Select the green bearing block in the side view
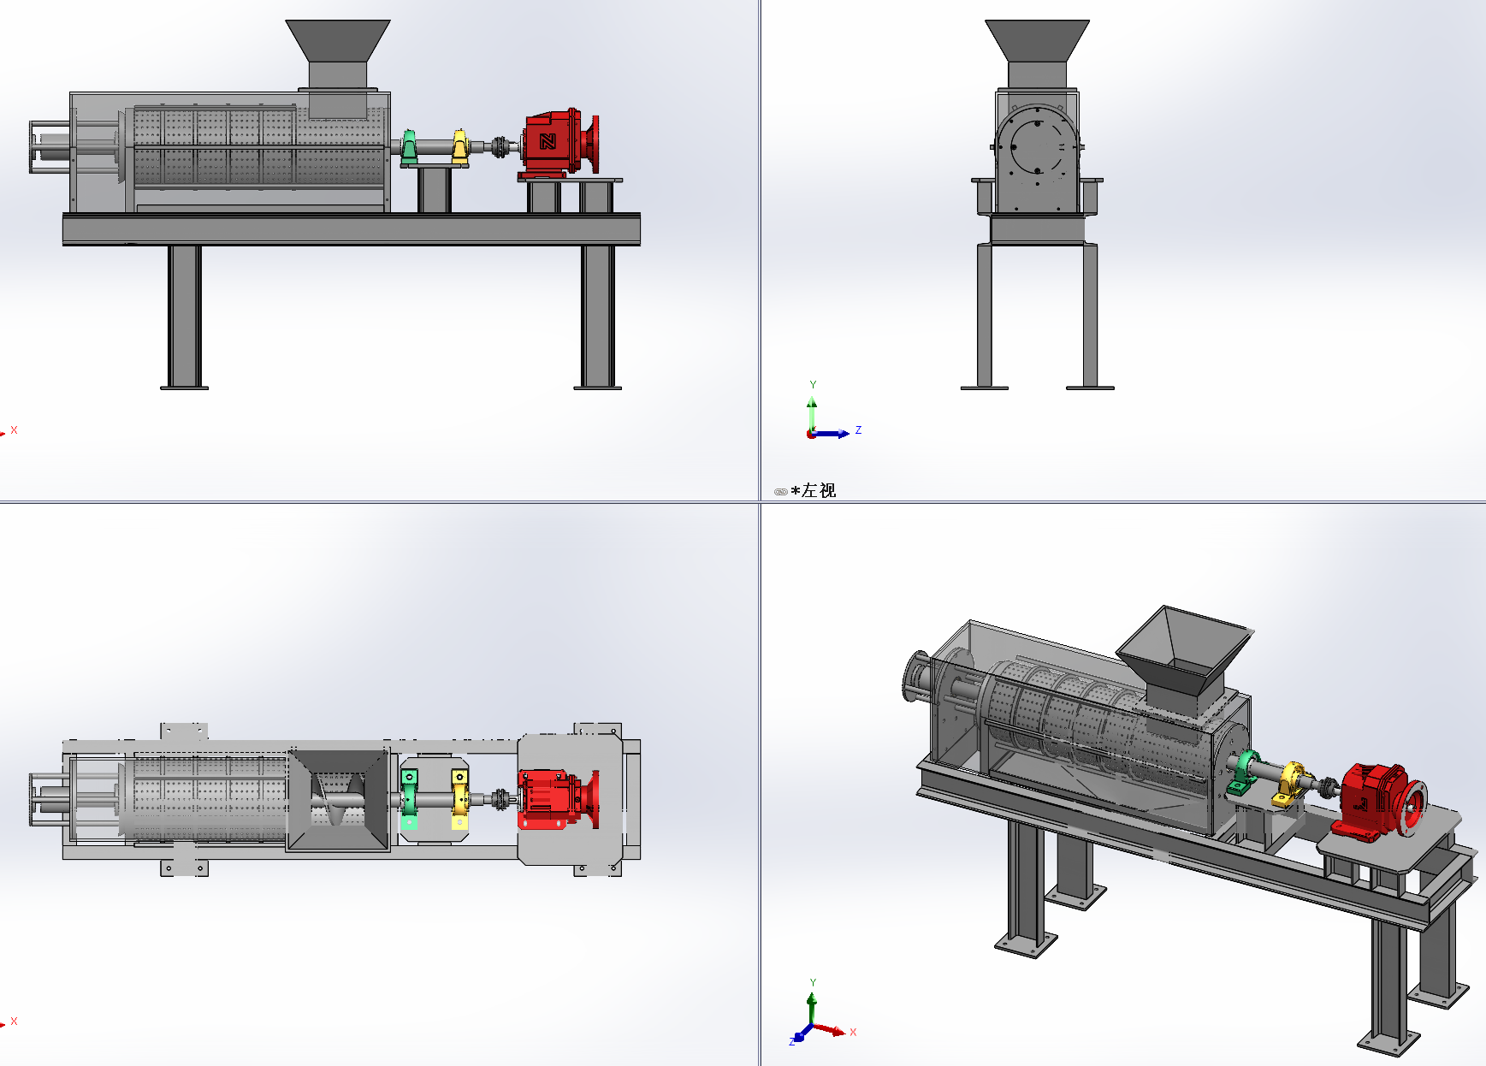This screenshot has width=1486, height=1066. pos(409,147)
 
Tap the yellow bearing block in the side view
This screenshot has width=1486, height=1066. pos(460,147)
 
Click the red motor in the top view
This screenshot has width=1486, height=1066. pos(549,799)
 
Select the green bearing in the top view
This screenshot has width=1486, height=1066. pos(409,800)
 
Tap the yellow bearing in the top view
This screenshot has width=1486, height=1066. pos(460,800)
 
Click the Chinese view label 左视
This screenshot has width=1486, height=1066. pos(818,491)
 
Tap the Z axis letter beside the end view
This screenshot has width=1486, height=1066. pos(858,430)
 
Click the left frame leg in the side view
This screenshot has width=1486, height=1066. pos(184,317)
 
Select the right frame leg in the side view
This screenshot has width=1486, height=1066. pos(597,317)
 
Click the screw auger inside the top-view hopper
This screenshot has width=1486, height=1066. pos(338,800)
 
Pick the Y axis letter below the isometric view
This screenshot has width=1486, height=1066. pos(813,983)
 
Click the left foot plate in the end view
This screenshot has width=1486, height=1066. pos(984,388)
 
